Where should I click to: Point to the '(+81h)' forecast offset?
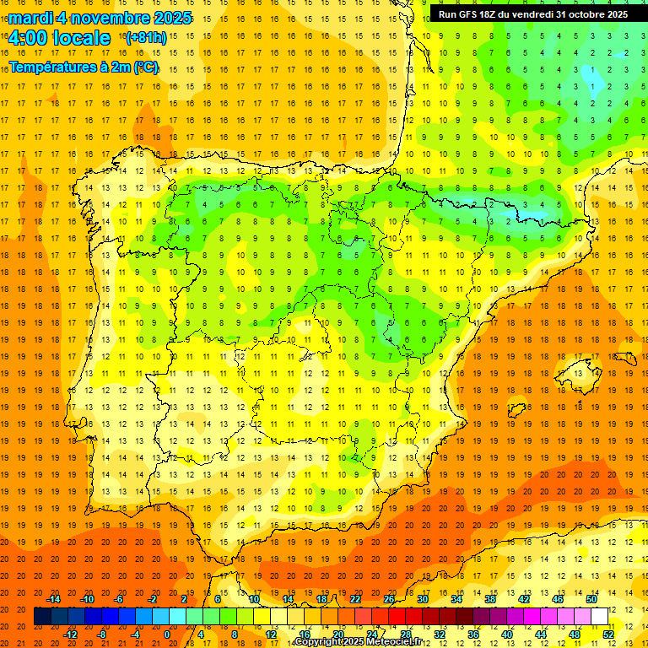click(145, 38)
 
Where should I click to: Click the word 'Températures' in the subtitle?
click(52, 67)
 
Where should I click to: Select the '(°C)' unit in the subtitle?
click(146, 67)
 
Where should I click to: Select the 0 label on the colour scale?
click(167, 634)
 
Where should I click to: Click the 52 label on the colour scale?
click(608, 634)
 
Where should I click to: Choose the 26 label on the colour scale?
click(389, 599)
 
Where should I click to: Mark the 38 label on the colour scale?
click(490, 599)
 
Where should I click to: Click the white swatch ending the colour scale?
click(600, 617)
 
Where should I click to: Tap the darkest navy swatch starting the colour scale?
click(42, 617)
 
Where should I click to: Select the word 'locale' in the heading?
click(79, 39)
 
